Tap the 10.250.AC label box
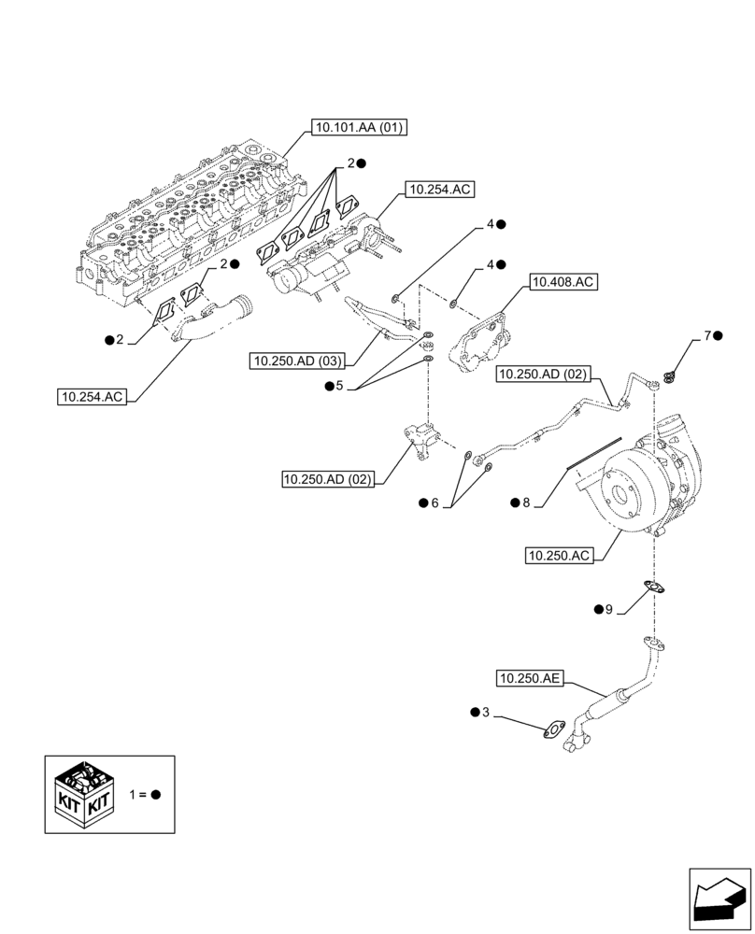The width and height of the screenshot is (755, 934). click(x=560, y=556)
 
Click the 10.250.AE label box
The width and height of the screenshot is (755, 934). click(x=530, y=678)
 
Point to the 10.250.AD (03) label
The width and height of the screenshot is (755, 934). click(x=297, y=361)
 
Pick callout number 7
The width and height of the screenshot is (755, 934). click(x=708, y=335)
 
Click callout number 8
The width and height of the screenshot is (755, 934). click(x=526, y=502)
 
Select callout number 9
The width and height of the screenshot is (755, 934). click(x=608, y=610)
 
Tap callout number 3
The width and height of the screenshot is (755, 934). click(x=485, y=713)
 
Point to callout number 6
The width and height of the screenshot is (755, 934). click(x=434, y=502)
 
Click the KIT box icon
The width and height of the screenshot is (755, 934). click(x=84, y=793)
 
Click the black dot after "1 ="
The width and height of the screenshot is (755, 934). click(x=156, y=794)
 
